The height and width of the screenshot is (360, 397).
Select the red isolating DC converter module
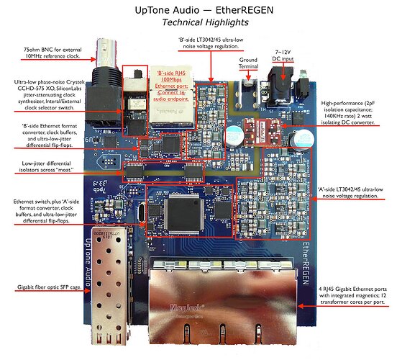[x=262, y=132]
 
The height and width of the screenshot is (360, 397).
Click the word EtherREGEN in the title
[x=245, y=10]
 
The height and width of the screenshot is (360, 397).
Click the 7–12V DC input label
[x=283, y=55]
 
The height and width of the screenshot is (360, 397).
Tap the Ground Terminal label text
[x=248, y=63]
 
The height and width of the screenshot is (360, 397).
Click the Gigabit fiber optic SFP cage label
[x=50, y=287]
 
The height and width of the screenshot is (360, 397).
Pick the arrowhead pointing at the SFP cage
[x=88, y=291]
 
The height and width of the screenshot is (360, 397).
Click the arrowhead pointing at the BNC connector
[x=93, y=60]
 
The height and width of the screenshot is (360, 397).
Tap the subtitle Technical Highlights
[x=205, y=22]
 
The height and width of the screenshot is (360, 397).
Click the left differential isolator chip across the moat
[x=134, y=172]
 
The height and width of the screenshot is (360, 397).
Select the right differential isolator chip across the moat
[x=194, y=172]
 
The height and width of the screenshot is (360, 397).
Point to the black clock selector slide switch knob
[x=137, y=73]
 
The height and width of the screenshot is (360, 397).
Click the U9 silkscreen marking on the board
[x=90, y=140]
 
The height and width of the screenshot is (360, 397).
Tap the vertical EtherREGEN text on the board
[x=306, y=264]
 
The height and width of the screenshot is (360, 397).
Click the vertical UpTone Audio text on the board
[x=87, y=262]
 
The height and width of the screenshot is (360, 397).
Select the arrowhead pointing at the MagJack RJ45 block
[x=301, y=306]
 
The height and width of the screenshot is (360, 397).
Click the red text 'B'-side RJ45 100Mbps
[x=172, y=76]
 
